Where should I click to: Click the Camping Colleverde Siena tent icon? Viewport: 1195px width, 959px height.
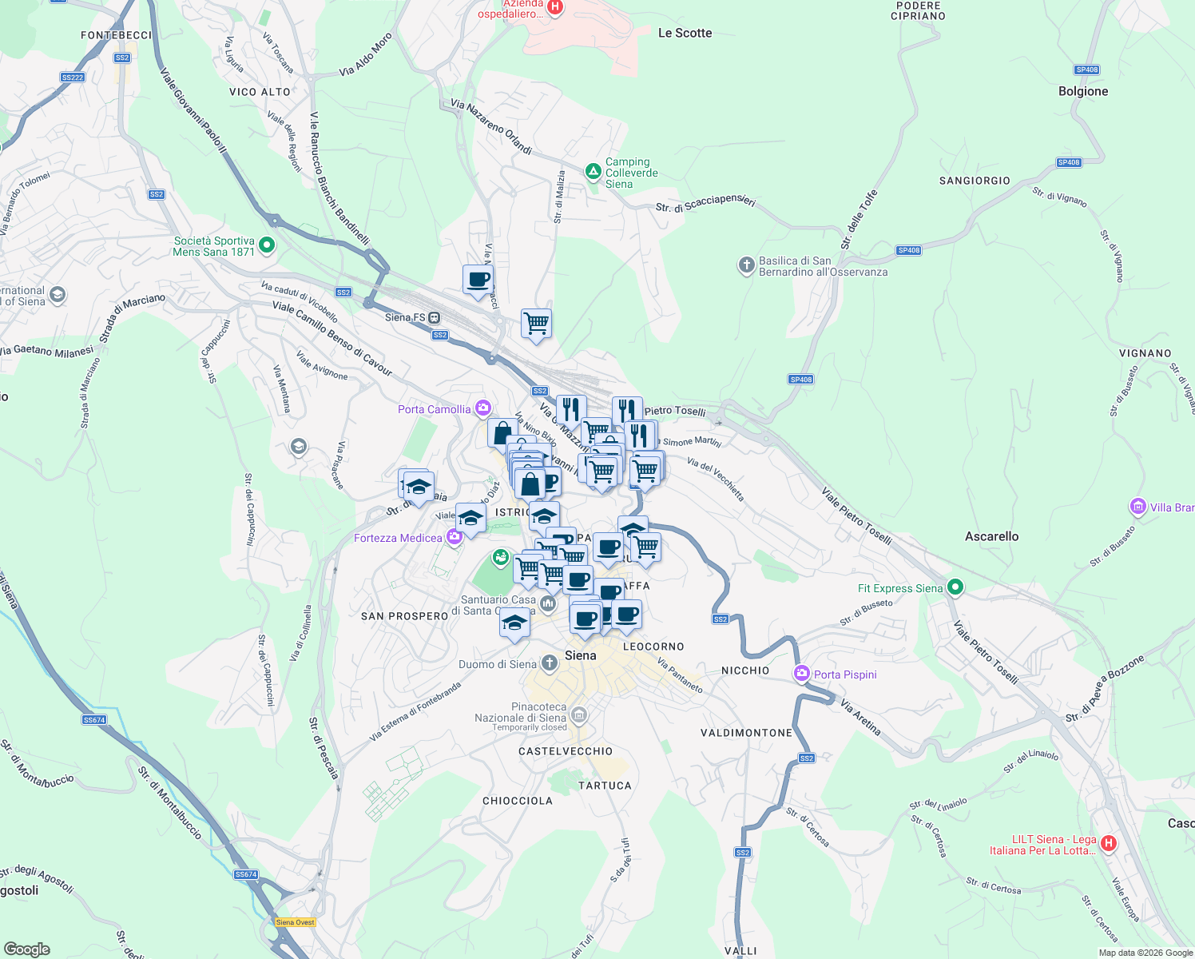(x=593, y=172)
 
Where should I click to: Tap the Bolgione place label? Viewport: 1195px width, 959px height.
(x=1083, y=91)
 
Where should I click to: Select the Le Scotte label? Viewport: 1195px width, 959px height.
(x=685, y=33)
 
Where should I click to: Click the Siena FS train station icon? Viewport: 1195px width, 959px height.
(x=435, y=317)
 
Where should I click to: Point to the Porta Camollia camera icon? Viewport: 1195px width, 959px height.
(x=482, y=409)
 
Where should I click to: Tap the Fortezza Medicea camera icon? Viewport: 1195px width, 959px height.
(x=455, y=537)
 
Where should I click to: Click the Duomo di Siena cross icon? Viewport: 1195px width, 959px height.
(x=550, y=663)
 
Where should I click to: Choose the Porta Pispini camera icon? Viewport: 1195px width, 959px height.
(x=802, y=674)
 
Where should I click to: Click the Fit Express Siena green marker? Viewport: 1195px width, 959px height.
(x=955, y=588)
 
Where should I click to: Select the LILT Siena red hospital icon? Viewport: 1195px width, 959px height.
(x=1109, y=843)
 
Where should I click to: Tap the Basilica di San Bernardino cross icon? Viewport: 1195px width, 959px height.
(x=746, y=265)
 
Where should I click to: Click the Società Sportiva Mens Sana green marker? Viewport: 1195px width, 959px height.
(x=267, y=245)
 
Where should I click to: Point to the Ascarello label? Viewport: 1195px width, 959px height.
(x=991, y=536)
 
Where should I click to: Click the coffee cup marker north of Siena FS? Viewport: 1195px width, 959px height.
(x=478, y=281)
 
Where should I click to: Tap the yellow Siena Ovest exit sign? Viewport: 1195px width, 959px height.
(x=295, y=922)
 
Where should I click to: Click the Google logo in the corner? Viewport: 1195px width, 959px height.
(x=26, y=949)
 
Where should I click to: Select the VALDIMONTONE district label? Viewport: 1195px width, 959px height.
(x=746, y=733)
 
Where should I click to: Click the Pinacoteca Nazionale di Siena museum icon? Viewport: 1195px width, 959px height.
(x=580, y=714)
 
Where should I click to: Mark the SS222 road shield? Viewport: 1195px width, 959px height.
(x=72, y=78)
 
